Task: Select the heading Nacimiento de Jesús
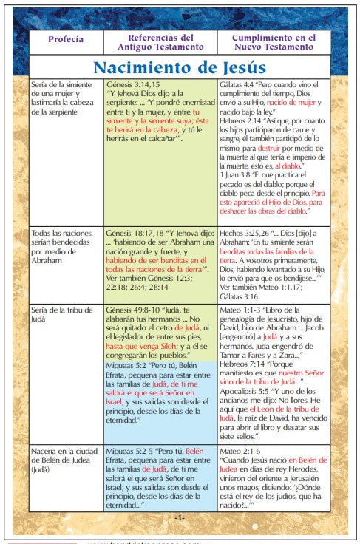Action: (x=179, y=68)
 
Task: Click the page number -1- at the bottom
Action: (x=179, y=517)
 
